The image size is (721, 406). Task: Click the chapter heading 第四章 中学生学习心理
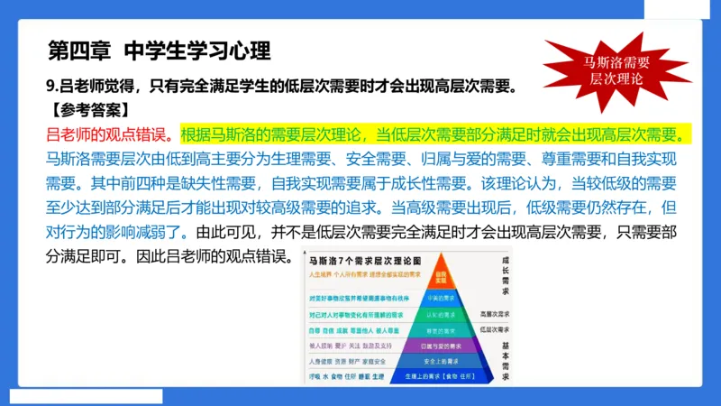pos(158,51)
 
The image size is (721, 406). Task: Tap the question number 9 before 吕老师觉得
pos(50,88)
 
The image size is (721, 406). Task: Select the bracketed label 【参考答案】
pos(87,111)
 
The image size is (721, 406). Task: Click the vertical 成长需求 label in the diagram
pos(506,275)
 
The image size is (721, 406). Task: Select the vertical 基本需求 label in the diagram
pos(506,357)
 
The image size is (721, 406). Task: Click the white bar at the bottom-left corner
pos(87,396)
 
